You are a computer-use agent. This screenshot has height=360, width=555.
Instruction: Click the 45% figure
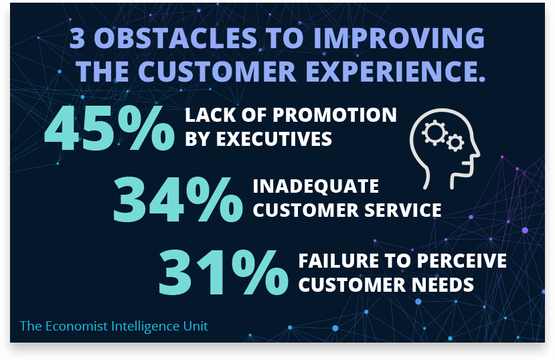(109, 128)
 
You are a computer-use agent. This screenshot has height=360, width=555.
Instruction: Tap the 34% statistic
(178, 199)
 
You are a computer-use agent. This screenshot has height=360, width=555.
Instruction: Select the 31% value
(224, 272)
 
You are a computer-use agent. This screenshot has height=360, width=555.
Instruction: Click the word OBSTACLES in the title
(175, 38)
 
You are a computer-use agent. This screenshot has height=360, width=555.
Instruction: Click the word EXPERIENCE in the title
(393, 71)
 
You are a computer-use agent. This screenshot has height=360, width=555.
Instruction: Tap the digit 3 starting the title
(77, 38)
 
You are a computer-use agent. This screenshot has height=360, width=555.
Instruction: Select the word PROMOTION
(335, 115)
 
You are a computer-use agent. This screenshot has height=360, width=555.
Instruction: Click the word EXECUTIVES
(274, 139)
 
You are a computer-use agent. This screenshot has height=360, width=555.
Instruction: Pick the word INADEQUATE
(316, 186)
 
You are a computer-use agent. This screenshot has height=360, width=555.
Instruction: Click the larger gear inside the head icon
(434, 132)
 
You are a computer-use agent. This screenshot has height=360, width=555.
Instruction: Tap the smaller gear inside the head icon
(455, 143)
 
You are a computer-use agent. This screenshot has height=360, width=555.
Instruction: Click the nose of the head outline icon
(477, 153)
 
